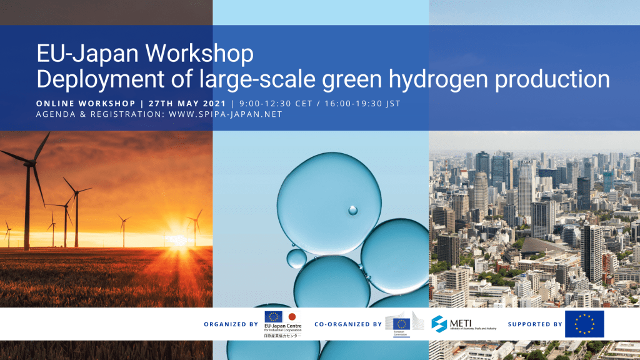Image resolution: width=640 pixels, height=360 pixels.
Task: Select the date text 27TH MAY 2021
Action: (x=189, y=103)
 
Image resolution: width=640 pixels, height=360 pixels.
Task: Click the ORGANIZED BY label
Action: (x=231, y=324)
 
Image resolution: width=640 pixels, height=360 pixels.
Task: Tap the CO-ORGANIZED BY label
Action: (x=348, y=324)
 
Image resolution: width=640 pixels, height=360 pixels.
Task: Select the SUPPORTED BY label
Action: (x=535, y=324)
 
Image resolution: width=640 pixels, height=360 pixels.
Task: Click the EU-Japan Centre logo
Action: (x=283, y=325)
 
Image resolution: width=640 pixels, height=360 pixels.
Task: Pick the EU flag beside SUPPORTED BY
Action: (x=584, y=324)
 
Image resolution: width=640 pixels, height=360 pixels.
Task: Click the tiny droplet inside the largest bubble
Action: (x=352, y=210)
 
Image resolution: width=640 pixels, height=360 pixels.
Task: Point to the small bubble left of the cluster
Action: (x=296, y=257)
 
